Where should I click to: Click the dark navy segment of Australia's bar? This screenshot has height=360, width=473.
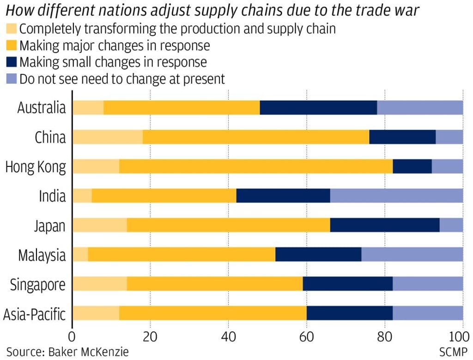[318, 108]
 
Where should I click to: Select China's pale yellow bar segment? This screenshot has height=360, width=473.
[108, 137]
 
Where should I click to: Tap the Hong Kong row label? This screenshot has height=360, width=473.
[36, 167]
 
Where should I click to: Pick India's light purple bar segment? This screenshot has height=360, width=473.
[396, 196]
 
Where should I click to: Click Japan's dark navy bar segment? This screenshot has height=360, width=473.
[385, 226]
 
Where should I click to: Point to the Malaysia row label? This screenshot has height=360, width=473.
[42, 255]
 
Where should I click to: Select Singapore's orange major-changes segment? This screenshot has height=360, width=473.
[215, 284]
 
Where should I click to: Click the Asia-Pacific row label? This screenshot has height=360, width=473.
[35, 314]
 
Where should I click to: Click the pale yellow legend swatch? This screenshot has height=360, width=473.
[12, 29]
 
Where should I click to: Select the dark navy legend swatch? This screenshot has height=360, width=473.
[12, 62]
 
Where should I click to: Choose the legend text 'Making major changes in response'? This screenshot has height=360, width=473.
[115, 46]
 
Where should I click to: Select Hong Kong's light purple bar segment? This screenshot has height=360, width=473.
[447, 167]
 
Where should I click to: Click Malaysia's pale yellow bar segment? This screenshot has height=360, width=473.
[80, 255]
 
